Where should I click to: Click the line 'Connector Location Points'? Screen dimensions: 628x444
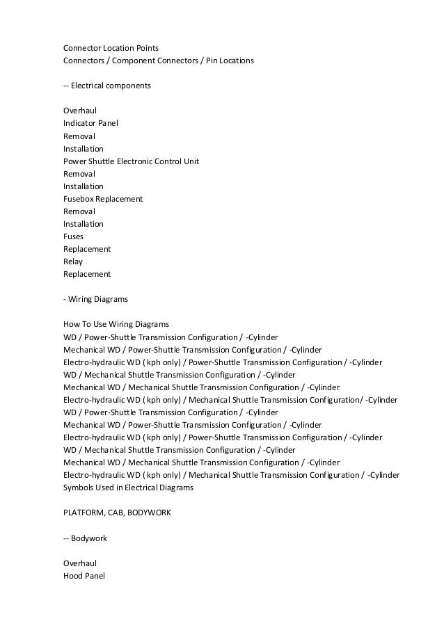click(111, 48)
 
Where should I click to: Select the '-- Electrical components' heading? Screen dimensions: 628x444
click(107, 86)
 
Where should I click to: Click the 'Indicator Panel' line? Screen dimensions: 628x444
click(90, 123)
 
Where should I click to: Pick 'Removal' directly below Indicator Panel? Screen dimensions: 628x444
click(79, 136)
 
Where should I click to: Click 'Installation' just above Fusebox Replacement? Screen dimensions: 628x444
click(83, 186)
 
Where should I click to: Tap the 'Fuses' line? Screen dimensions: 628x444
click(73, 236)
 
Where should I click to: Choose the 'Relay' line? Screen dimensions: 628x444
click(73, 261)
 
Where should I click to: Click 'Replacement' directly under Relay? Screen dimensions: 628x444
click(87, 273)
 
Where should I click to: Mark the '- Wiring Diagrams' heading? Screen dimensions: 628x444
click(95, 298)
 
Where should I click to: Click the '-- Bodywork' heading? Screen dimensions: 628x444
click(85, 538)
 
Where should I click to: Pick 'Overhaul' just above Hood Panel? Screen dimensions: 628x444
click(79, 563)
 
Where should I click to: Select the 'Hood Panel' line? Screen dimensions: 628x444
click(84, 575)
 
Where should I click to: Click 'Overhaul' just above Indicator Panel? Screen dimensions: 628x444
click(79, 111)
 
